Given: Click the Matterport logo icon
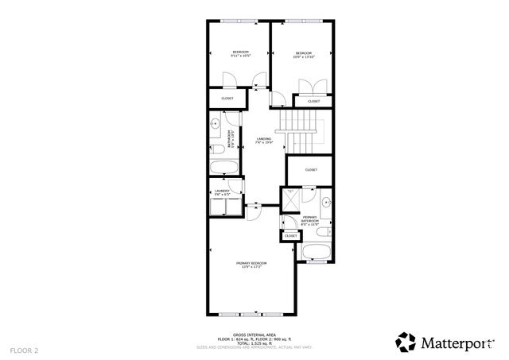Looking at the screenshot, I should pos(406,342).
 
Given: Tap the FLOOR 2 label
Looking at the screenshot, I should pos(24,350).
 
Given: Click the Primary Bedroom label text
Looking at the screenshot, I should pos(251,264).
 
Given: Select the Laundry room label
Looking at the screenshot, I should pos(222,192).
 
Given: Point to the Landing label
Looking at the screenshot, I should pos(265,141).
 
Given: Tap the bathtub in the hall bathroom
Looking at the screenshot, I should pos(222,167).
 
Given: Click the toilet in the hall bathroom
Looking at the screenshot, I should pos(217,149).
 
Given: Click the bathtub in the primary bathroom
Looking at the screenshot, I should pos(316,254).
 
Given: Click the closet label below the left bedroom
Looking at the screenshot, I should pos(227,99).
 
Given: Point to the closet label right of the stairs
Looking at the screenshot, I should pos(311,169).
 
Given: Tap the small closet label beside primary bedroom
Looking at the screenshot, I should pos(291,236).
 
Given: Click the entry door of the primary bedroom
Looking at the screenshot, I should pos(253,211).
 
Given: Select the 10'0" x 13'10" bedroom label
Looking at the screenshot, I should pos(304,55).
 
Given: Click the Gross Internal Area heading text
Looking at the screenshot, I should pos(254,335).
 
